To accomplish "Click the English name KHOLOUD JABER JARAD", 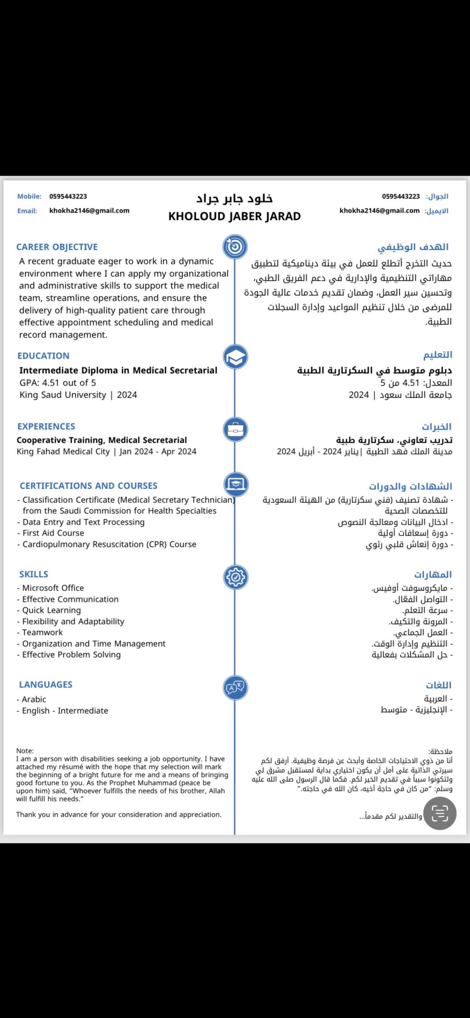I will coord(234,217).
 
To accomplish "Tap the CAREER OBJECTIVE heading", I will coord(57,247).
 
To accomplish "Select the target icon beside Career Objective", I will coord(235,246).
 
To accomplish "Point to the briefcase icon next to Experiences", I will coord(235,429).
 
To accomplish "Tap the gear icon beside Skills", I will coord(235,577).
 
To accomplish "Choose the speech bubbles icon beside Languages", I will coord(235,687).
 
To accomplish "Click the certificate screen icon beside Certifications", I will coord(236,484).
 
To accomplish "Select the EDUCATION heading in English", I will coord(44,356).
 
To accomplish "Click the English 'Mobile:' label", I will coord(29,196).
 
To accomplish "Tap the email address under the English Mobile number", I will coord(90,211).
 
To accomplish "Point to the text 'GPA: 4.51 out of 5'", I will coord(58,383).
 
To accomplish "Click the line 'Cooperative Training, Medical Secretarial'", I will coord(102,440).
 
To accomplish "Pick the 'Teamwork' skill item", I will coord(43,632).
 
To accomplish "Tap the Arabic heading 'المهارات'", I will coord(433,574).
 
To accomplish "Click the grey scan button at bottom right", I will coord(440,813).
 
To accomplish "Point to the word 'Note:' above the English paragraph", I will coord(25,751).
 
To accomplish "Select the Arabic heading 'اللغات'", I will coord(438,685).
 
